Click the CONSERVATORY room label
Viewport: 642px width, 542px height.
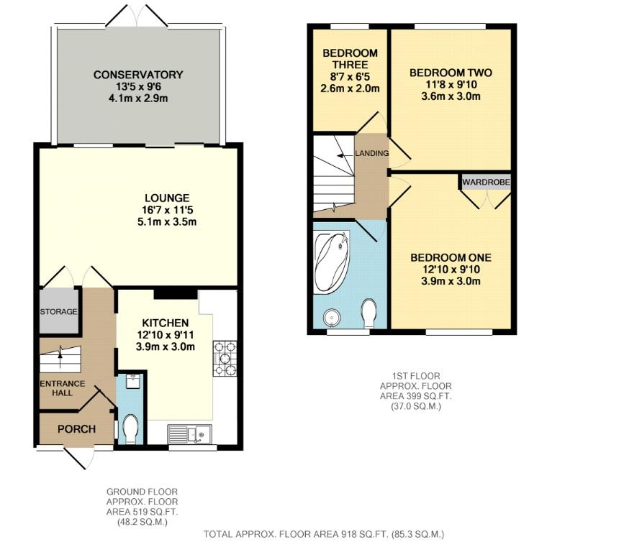click(138, 75)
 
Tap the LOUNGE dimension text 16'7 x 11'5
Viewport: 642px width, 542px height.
click(167, 210)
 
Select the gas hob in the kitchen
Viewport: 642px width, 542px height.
click(225, 359)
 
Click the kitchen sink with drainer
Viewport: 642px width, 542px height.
click(189, 434)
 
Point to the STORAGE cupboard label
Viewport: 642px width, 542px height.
click(58, 312)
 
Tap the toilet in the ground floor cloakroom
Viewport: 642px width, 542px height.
click(130, 428)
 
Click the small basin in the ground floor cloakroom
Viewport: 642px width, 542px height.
click(132, 381)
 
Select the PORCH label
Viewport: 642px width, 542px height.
click(76, 429)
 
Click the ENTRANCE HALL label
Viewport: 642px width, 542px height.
click(62, 388)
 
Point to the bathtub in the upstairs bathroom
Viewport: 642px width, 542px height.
click(332, 262)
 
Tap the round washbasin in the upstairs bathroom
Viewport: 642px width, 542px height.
click(331, 317)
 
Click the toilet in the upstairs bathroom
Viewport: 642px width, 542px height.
click(369, 313)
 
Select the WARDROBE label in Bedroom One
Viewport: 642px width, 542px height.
click(487, 182)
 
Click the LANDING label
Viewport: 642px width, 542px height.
click(372, 153)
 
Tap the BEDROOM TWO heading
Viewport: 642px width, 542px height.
click(451, 73)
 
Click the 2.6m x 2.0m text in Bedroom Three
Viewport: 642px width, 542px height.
click(350, 88)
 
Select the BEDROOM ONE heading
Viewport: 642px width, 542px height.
click(451, 258)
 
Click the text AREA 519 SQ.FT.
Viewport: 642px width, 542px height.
click(142, 512)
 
